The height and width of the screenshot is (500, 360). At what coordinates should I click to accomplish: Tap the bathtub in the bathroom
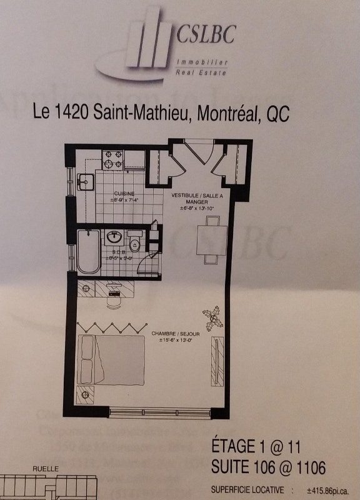[x=88, y=251]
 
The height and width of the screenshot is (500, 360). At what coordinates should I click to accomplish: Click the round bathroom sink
[x=114, y=237]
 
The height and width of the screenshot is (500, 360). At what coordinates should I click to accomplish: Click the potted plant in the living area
[x=216, y=318]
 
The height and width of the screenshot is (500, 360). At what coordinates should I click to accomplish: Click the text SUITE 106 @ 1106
[x=268, y=467]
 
